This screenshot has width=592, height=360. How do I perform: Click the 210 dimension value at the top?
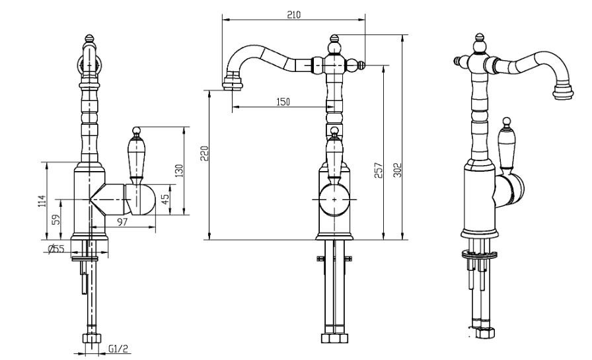coord(294,15)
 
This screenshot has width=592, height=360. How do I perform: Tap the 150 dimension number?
coord(283,102)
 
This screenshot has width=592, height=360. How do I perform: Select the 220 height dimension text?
coord(204,153)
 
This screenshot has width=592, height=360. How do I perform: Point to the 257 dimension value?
coord(379,170)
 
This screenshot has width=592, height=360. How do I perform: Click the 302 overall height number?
coord(396,170)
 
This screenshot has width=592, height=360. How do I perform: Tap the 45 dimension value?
coord(165,199)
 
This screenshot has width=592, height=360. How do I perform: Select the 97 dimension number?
coord(122,222)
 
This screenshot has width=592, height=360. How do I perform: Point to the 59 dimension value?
coord(56,219)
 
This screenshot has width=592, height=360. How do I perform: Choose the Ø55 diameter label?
coord(57,248)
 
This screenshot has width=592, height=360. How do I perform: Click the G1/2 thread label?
coord(118,349)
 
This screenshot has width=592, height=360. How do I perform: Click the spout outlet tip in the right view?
coord(563,92)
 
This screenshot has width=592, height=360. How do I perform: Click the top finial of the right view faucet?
coord(479,38)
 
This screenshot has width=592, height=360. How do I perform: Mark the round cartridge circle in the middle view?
coord(334,199)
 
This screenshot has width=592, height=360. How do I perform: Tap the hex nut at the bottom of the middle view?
coord(334,338)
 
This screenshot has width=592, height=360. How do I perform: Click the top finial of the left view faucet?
coord(89,38)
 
